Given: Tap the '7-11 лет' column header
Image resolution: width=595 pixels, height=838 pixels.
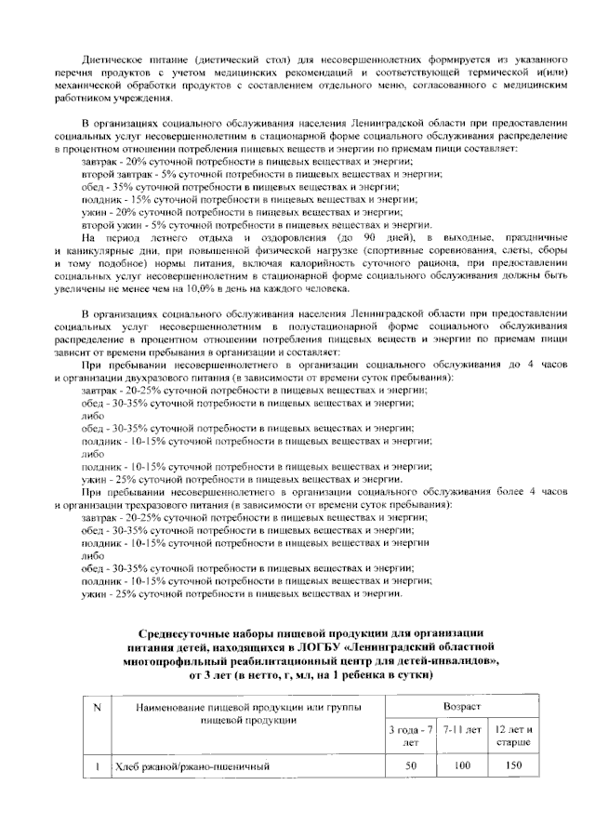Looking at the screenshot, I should [460, 729].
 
